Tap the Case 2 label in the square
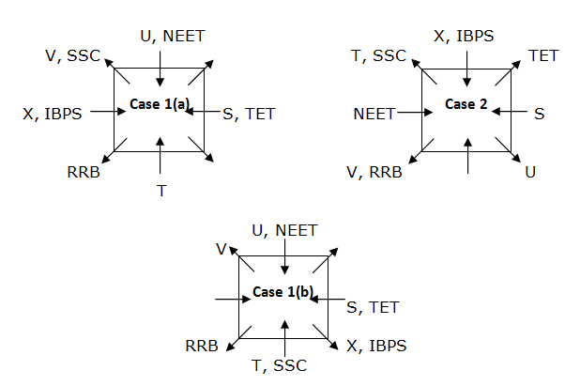(x=467, y=103)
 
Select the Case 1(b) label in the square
(x=283, y=292)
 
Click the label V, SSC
(x=73, y=56)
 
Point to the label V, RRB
(x=374, y=172)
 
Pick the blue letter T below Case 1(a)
(x=161, y=191)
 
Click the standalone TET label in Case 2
(x=543, y=56)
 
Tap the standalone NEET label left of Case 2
(x=374, y=114)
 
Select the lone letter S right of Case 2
(x=539, y=114)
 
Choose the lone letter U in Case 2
(x=531, y=172)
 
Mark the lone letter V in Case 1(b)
(x=221, y=249)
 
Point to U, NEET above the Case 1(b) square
(x=285, y=230)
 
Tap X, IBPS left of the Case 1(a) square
(x=53, y=114)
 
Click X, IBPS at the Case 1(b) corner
(x=376, y=346)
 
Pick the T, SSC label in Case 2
(x=379, y=56)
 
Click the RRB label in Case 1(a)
(x=83, y=172)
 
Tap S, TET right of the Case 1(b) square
(x=373, y=306)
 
